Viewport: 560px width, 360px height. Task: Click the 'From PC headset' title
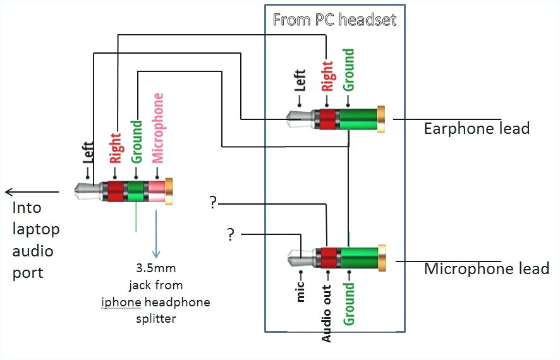pos(334,20)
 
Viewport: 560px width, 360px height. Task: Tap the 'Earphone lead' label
pos(476,129)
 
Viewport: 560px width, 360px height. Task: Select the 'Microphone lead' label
pos(486,269)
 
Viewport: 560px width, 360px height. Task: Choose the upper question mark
pos(214,203)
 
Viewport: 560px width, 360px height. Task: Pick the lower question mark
pos(231,235)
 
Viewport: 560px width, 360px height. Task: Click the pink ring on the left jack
pos(156,191)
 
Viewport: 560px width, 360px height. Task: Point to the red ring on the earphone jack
pos(327,119)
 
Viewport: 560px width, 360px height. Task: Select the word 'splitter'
pos(155,318)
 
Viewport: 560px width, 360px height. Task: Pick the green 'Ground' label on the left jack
pos(137,142)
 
